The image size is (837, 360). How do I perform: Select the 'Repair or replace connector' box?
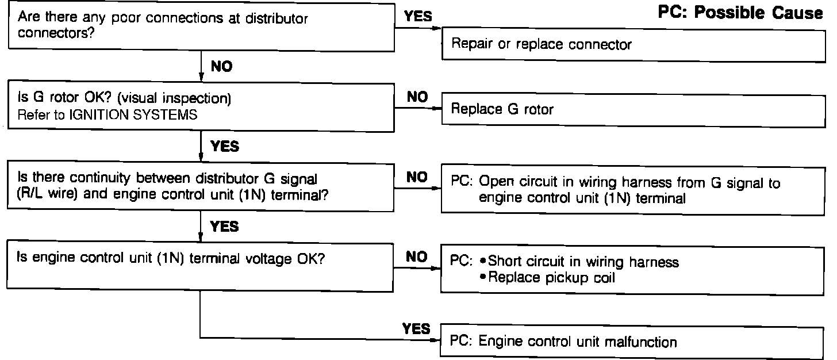pyautogui.click(x=632, y=44)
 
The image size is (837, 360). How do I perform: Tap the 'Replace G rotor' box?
pyautogui.click(x=632, y=109)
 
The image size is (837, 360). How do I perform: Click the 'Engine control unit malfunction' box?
pyautogui.click(x=632, y=342)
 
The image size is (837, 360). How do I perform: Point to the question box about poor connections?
pyautogui.click(x=201, y=26)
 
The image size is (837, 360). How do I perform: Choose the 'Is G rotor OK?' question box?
pyautogui.click(x=201, y=106)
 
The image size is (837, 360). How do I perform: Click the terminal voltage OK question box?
pyautogui.click(x=201, y=267)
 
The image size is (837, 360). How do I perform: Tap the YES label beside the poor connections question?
pyautogui.click(x=418, y=17)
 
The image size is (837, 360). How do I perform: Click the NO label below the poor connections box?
pyautogui.click(x=221, y=67)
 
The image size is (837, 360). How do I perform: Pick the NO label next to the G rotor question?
pyautogui.click(x=417, y=97)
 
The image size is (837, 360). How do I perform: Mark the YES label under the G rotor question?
pyautogui.click(x=225, y=147)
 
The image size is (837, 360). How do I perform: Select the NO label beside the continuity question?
pyautogui.click(x=417, y=177)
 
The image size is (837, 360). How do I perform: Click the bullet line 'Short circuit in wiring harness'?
pyautogui.click(x=582, y=262)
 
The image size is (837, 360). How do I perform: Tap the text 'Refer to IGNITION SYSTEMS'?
pyautogui.click(x=108, y=114)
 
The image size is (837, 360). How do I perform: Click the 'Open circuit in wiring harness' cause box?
pyautogui.click(x=632, y=190)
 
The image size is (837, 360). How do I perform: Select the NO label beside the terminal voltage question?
pyautogui.click(x=417, y=256)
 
